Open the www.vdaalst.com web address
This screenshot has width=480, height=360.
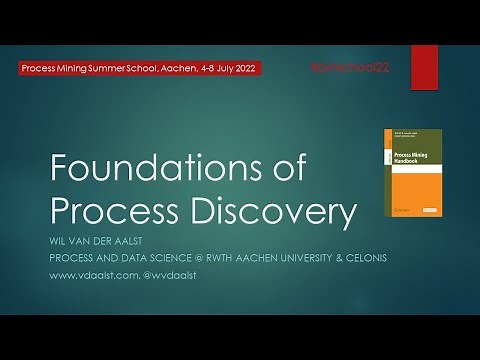coord(91,273)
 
